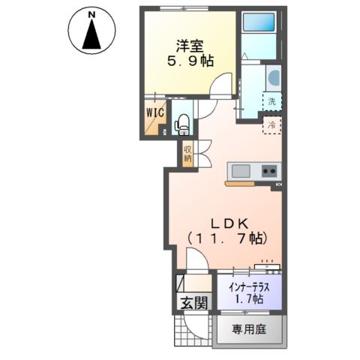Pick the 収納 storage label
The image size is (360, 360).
click(187, 151)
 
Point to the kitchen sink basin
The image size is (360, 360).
click(243, 170)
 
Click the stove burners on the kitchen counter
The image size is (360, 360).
click(268, 171)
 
